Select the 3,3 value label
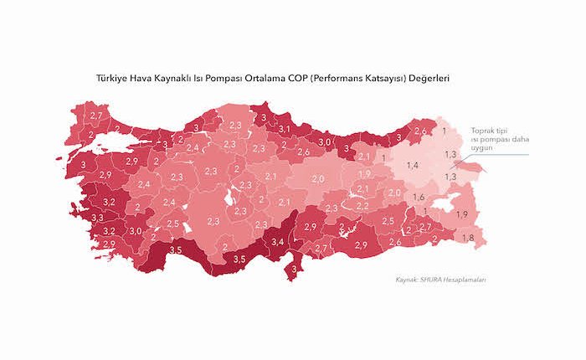click(x=97, y=218)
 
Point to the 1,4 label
click(x=412, y=167)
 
